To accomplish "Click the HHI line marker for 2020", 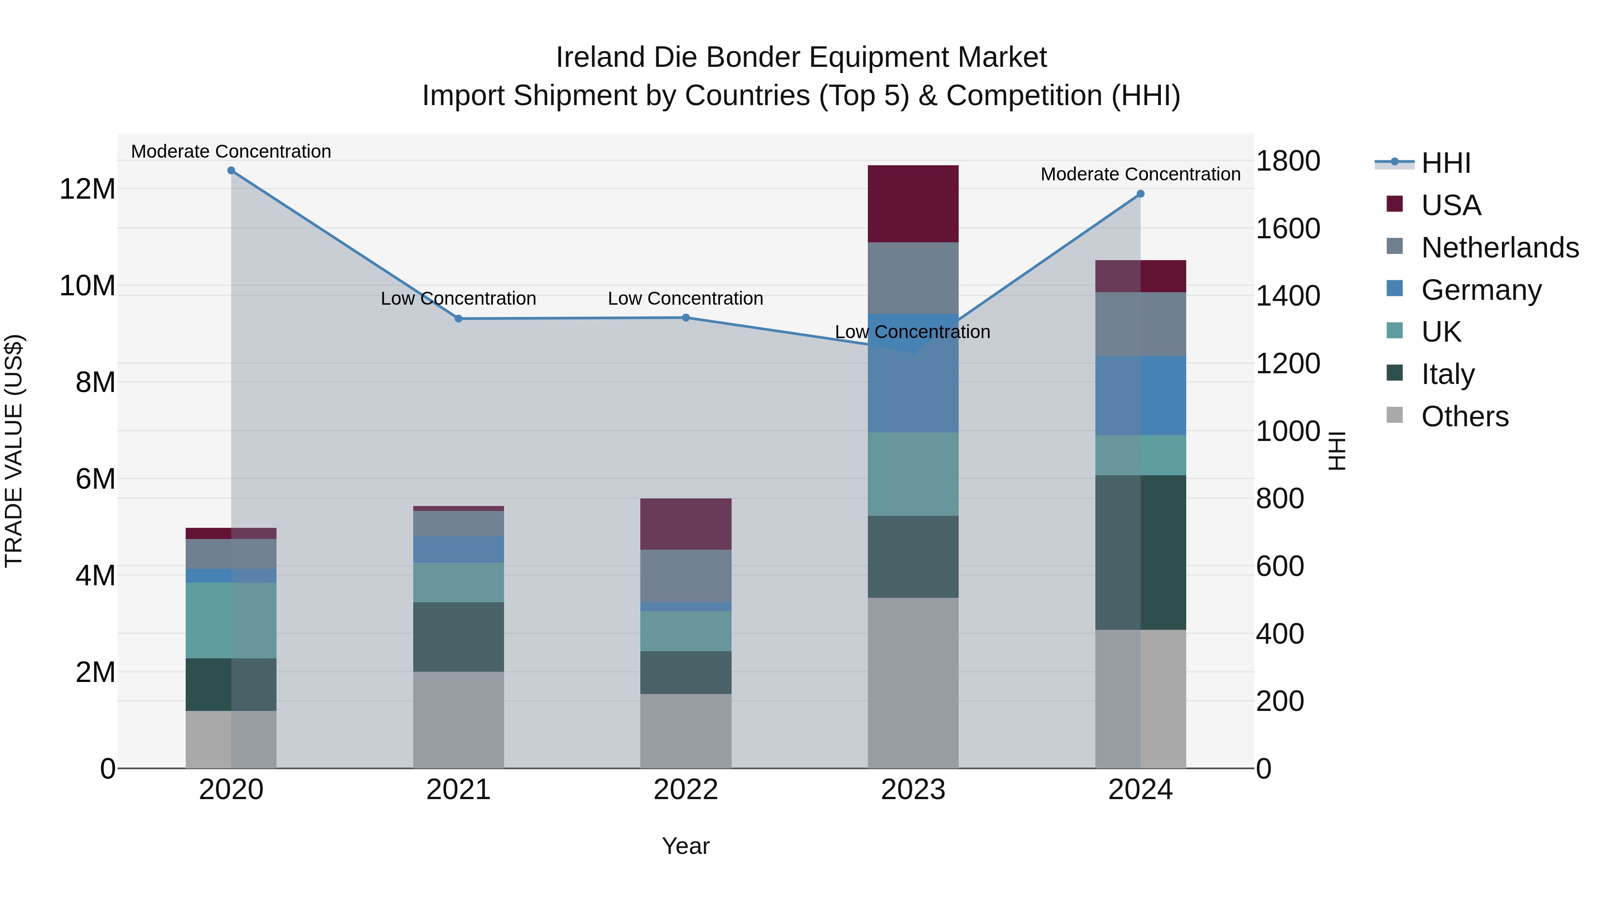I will tap(231, 170).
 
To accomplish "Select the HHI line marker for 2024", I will tap(1140, 194).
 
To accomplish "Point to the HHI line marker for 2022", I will tap(686, 318).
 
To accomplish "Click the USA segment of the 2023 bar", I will tap(913, 204).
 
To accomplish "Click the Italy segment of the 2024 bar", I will tap(1140, 552).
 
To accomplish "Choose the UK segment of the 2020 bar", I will tap(231, 620).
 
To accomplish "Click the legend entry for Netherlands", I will tap(1500, 247).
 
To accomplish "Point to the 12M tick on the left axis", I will tap(87, 188).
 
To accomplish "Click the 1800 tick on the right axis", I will tap(1287, 161).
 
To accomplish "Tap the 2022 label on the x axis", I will tap(686, 789).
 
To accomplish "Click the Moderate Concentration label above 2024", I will tap(1140, 174).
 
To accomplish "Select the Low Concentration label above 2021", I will tap(459, 299).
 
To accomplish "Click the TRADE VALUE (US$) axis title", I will tap(14, 451).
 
